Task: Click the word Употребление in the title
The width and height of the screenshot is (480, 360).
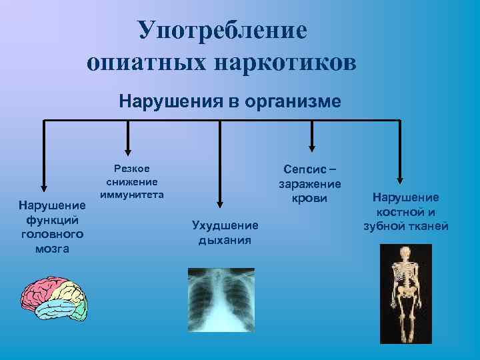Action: tap(223, 30)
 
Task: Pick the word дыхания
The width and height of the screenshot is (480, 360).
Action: tap(225, 239)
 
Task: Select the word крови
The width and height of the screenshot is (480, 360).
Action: tap(311, 197)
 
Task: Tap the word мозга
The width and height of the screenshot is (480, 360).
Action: tap(51, 248)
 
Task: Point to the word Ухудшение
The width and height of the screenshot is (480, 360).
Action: tap(225, 226)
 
